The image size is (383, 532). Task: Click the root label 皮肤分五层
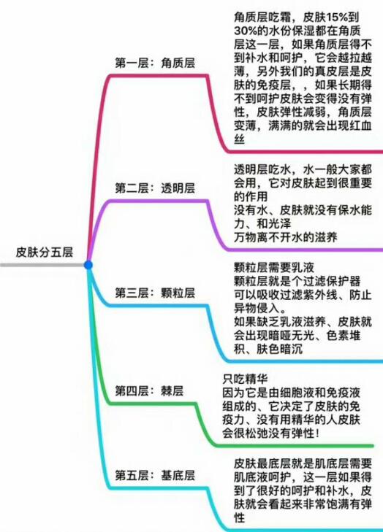pos(44,252)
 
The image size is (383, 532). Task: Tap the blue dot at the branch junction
pos(88,265)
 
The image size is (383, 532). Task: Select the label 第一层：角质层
pos(155,63)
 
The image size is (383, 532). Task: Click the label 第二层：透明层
pos(155,188)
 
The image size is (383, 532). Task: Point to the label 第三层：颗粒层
pos(155,293)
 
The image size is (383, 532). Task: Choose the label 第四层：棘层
pos(149,391)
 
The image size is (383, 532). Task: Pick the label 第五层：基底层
pos(155,475)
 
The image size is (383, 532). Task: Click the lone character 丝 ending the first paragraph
pos(239,139)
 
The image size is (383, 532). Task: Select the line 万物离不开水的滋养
pos(286,237)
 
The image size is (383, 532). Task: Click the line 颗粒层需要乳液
pos(274,268)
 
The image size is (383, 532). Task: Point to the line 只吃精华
pos(245,379)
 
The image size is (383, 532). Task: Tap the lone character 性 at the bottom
pos(239,518)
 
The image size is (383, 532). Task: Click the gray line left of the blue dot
pos(42,265)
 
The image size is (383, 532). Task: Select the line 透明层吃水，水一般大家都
pos(303,169)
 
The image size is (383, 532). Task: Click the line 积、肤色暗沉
pos(268,349)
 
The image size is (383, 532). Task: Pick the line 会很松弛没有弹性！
pos(271,433)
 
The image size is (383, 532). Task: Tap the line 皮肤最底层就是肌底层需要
pos(303,464)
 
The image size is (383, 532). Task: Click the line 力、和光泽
pos(262,223)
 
